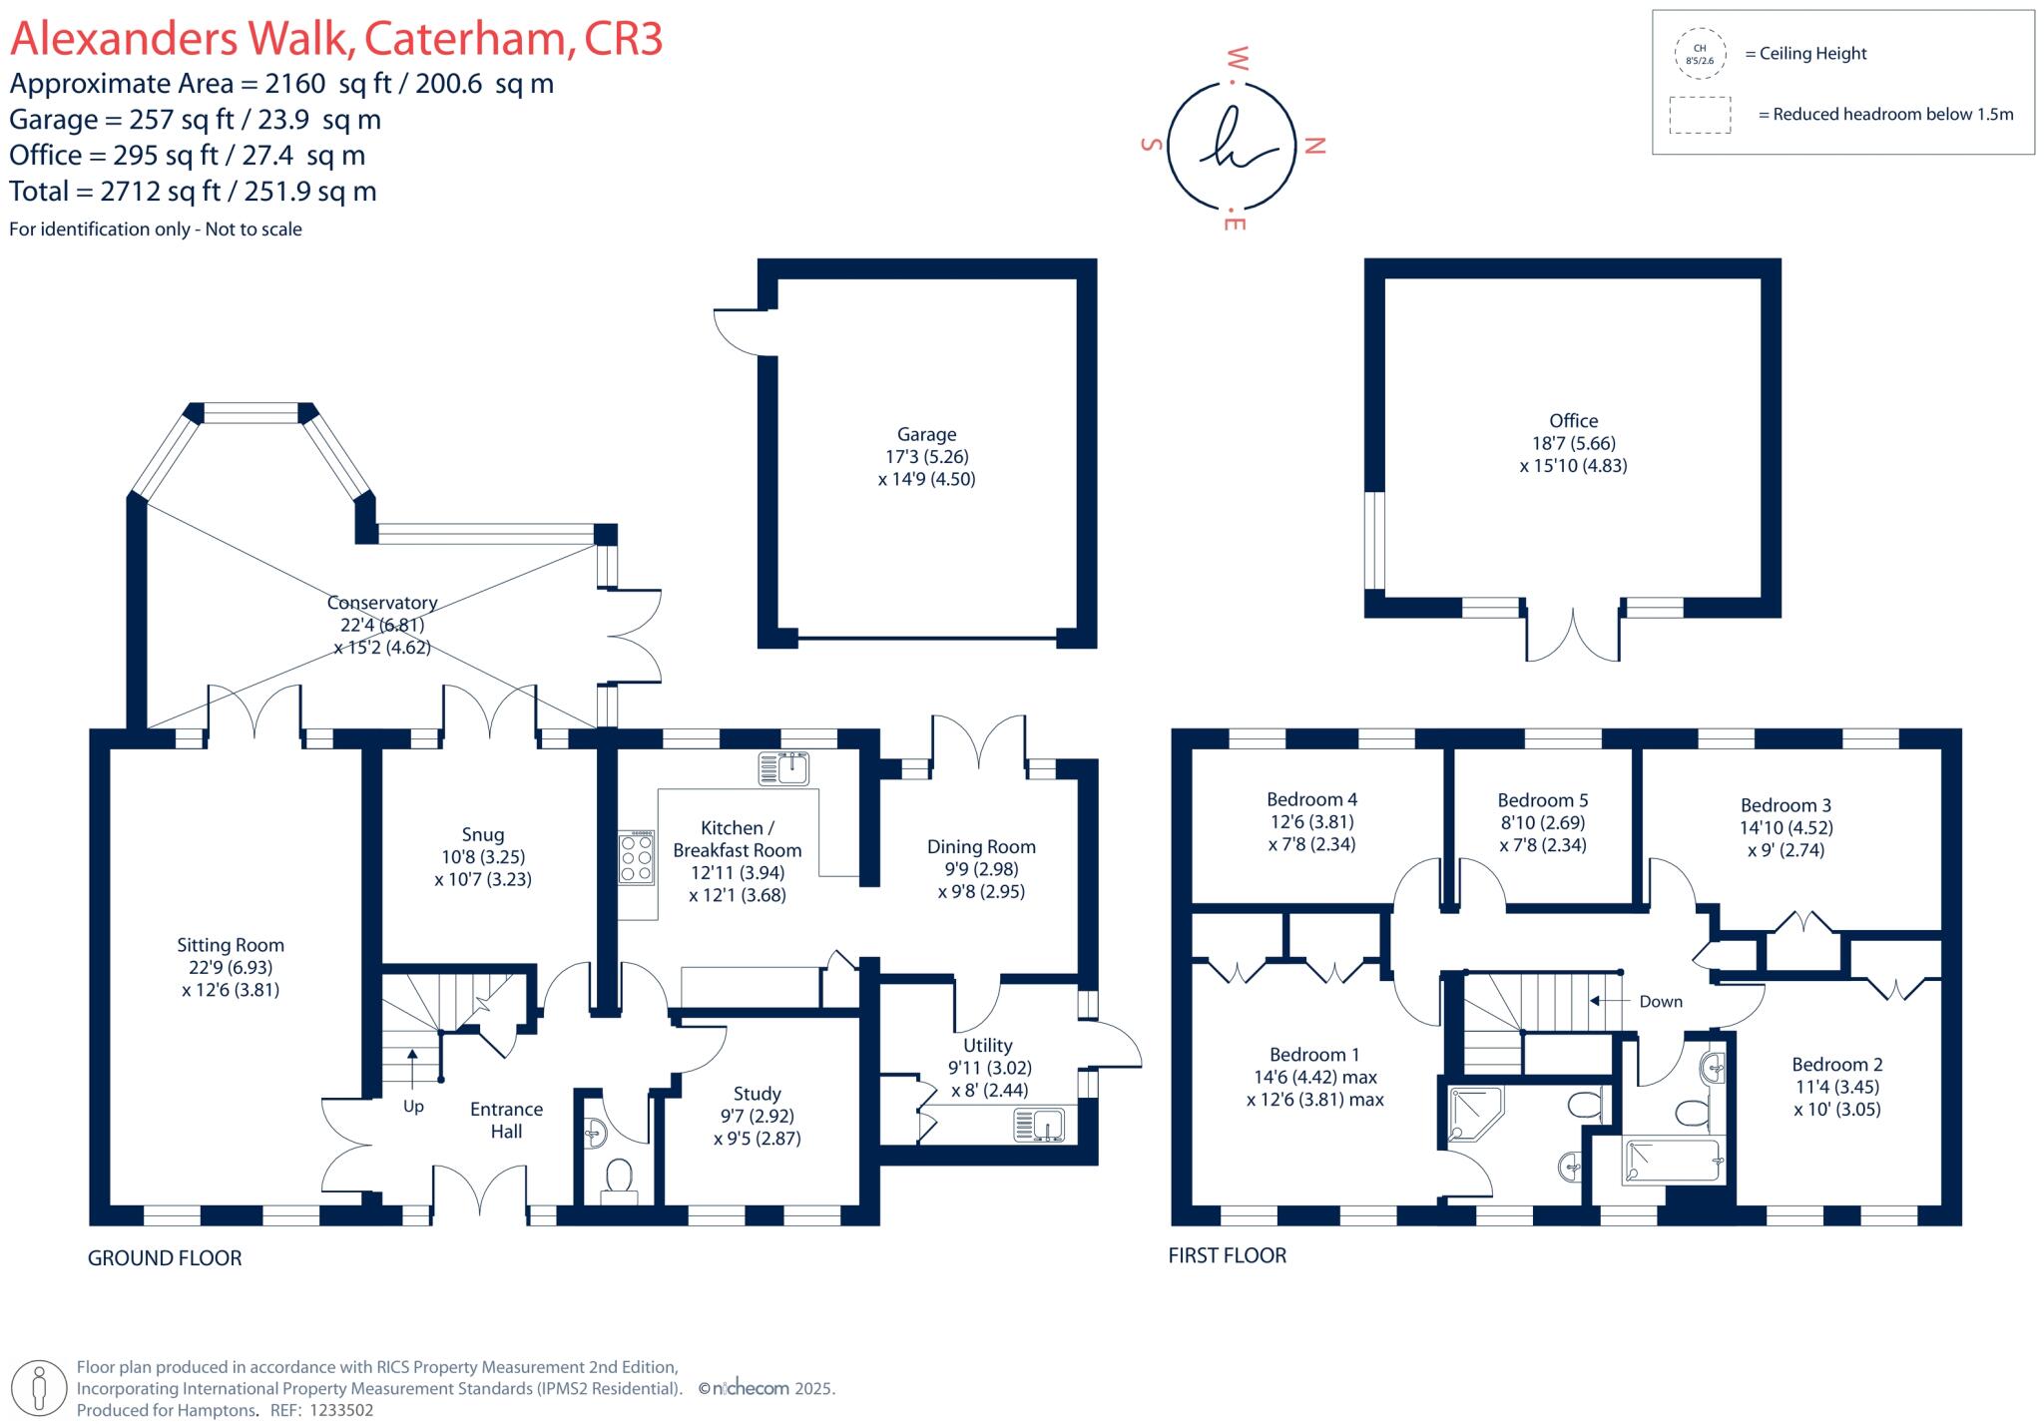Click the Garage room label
pyautogui.click(x=926, y=434)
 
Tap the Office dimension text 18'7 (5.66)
pyautogui.click(x=1573, y=443)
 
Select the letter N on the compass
pyautogui.click(x=1315, y=146)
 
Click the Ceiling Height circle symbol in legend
pyautogui.click(x=1699, y=54)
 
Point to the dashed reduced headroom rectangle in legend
pyautogui.click(x=1700, y=115)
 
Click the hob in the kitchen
pyautogui.click(x=637, y=857)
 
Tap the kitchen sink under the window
pyautogui.click(x=784, y=769)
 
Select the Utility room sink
pyautogui.click(x=1039, y=1126)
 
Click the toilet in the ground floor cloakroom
pyautogui.click(x=619, y=1179)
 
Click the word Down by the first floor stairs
pyautogui.click(x=1660, y=1001)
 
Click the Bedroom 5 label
pyautogui.click(x=1542, y=800)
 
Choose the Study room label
pyautogui.click(x=757, y=1094)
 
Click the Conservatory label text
pyautogui.click(x=382, y=603)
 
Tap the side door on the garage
pyautogui.click(x=736, y=332)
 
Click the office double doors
pyautogui.click(x=1572, y=635)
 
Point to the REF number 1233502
pyautogui.click(x=341, y=1410)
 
